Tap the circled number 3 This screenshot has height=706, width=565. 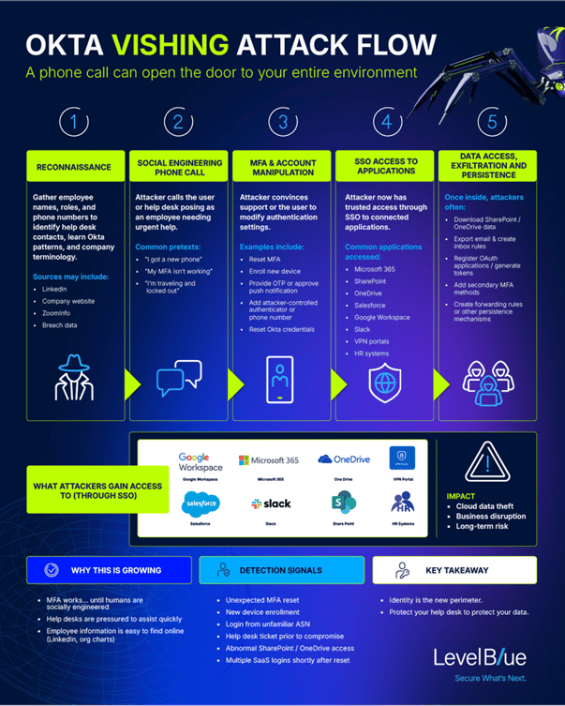point(282,123)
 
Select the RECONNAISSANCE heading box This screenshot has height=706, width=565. point(74,167)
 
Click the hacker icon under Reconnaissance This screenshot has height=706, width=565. point(74,377)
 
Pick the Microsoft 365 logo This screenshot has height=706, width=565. point(269,460)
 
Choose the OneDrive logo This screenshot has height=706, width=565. point(338,459)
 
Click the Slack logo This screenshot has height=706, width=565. point(271,503)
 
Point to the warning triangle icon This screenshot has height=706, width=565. point(485,461)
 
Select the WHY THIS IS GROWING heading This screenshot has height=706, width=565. point(112,569)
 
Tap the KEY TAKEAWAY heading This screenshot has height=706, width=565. point(454,569)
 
